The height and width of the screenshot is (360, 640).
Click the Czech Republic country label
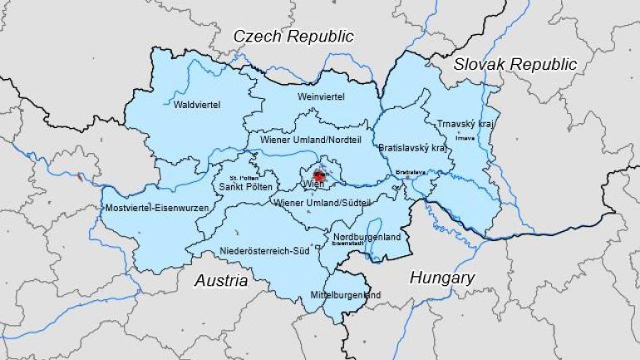[293, 36]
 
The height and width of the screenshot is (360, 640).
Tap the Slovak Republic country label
[514, 64]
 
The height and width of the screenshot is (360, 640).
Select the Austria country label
[221, 281]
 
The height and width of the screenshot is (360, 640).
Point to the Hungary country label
[441, 278]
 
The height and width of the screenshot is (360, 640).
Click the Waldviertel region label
[197, 106]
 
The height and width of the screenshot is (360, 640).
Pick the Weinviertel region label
[320, 97]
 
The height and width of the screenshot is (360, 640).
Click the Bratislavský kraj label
[412, 147]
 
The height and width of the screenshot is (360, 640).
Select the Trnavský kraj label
[465, 124]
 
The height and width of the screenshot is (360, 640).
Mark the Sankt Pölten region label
[241, 187]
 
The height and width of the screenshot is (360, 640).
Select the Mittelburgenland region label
[345, 295]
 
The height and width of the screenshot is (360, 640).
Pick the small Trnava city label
[465, 137]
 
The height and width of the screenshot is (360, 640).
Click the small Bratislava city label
[411, 171]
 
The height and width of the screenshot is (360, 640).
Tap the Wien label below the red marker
[313, 184]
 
